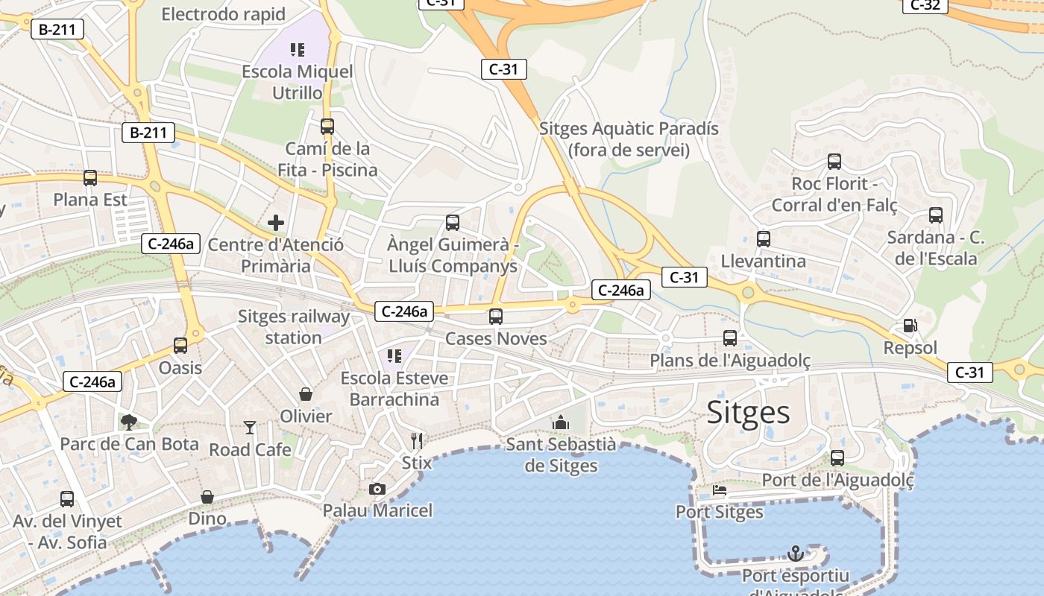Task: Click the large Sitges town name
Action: click(x=748, y=412)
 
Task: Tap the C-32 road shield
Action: click(x=925, y=5)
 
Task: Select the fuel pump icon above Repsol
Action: click(x=910, y=326)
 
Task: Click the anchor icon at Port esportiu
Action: click(x=796, y=554)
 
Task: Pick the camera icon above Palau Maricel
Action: click(x=377, y=489)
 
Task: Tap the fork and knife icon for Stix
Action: click(x=417, y=441)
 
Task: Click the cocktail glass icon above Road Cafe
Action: click(x=250, y=428)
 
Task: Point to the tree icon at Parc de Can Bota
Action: click(x=129, y=422)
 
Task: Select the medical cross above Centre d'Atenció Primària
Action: click(x=276, y=223)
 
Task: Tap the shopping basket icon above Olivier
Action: click(x=306, y=393)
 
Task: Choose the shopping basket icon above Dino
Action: click(x=207, y=496)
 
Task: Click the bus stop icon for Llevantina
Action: click(x=763, y=239)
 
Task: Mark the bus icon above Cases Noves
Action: click(x=496, y=317)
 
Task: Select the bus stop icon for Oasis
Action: click(x=180, y=346)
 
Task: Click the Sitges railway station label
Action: click(x=294, y=327)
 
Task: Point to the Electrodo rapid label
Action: click(x=223, y=14)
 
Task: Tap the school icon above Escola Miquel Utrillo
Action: click(x=298, y=50)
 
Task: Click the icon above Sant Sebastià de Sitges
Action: click(x=561, y=423)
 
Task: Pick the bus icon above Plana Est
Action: click(x=90, y=178)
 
